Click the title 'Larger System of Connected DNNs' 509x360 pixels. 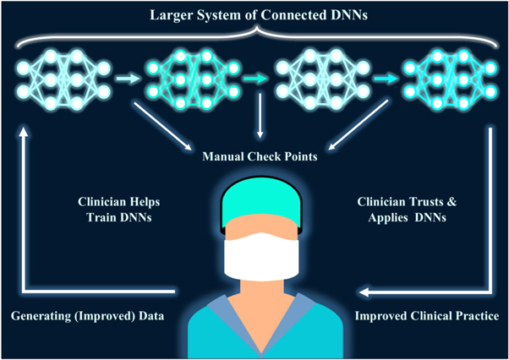[254, 14]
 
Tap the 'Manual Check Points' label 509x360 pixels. [254, 155]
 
